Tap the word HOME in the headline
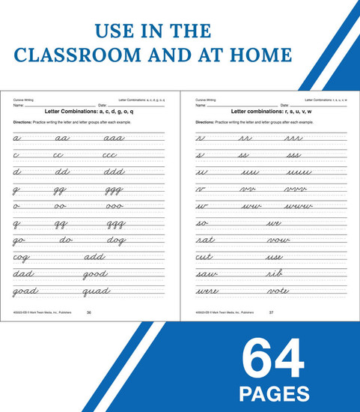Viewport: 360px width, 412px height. coord(254,55)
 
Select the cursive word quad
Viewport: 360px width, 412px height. coord(97,291)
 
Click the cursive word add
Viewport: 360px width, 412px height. coord(94,257)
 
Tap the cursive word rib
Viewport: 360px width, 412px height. coord(275,274)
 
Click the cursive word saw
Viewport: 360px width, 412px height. coord(207,274)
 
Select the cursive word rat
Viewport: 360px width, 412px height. coord(205,240)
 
